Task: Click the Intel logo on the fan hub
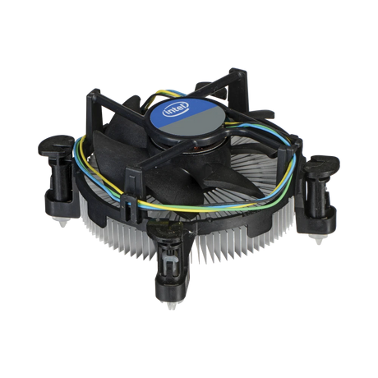point(176,108)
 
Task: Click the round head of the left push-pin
point(56,145)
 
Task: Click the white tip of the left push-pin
point(62,222)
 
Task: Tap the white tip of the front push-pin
point(172,305)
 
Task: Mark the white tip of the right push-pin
point(318,239)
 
